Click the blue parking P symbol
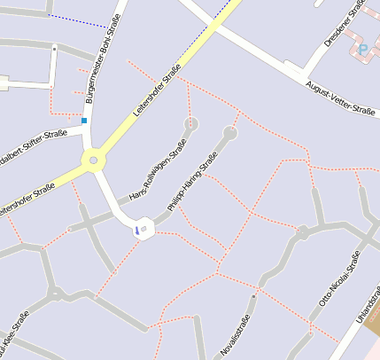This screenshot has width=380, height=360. coord(361,49)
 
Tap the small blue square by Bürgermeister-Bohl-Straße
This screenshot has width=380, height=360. coord(84,120)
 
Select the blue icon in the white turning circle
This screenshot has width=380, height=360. coord(137,230)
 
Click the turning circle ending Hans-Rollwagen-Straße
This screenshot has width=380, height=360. coord(190,123)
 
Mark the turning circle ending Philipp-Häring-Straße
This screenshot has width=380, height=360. coord(230,134)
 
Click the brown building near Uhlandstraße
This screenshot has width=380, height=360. coord(373,323)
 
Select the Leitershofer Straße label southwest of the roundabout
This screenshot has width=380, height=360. coord(27,196)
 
